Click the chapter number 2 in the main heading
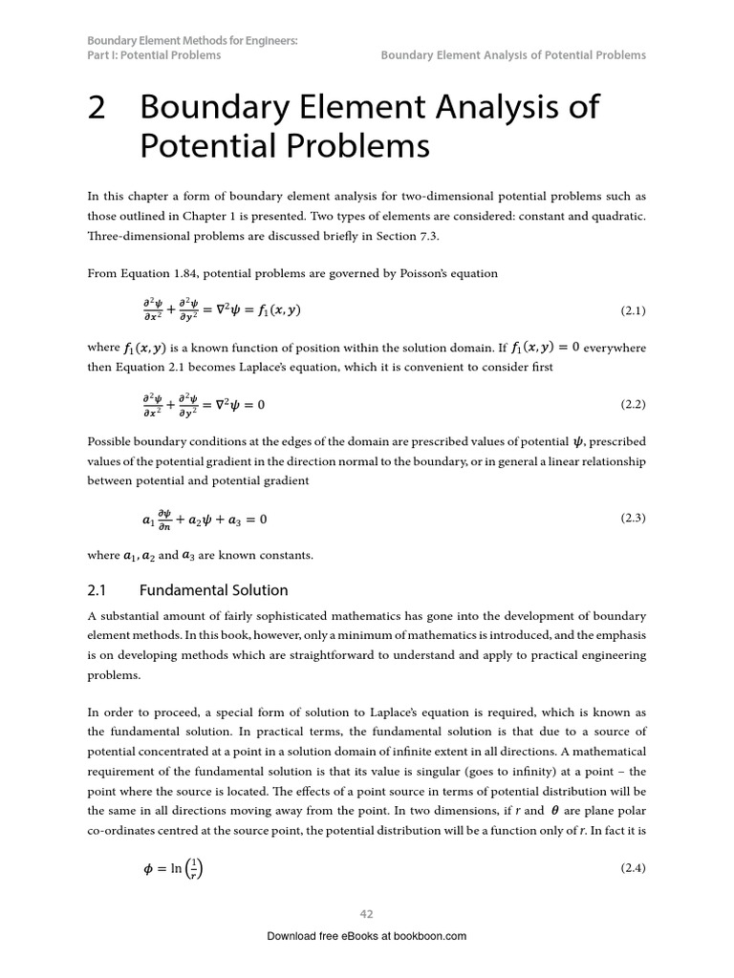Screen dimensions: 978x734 97,108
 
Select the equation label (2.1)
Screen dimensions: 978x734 633,311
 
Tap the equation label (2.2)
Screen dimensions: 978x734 633,404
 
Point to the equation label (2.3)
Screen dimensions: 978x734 633,519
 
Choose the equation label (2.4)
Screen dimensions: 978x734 633,868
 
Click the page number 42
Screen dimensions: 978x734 366,914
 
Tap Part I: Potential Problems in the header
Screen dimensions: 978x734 154,55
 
